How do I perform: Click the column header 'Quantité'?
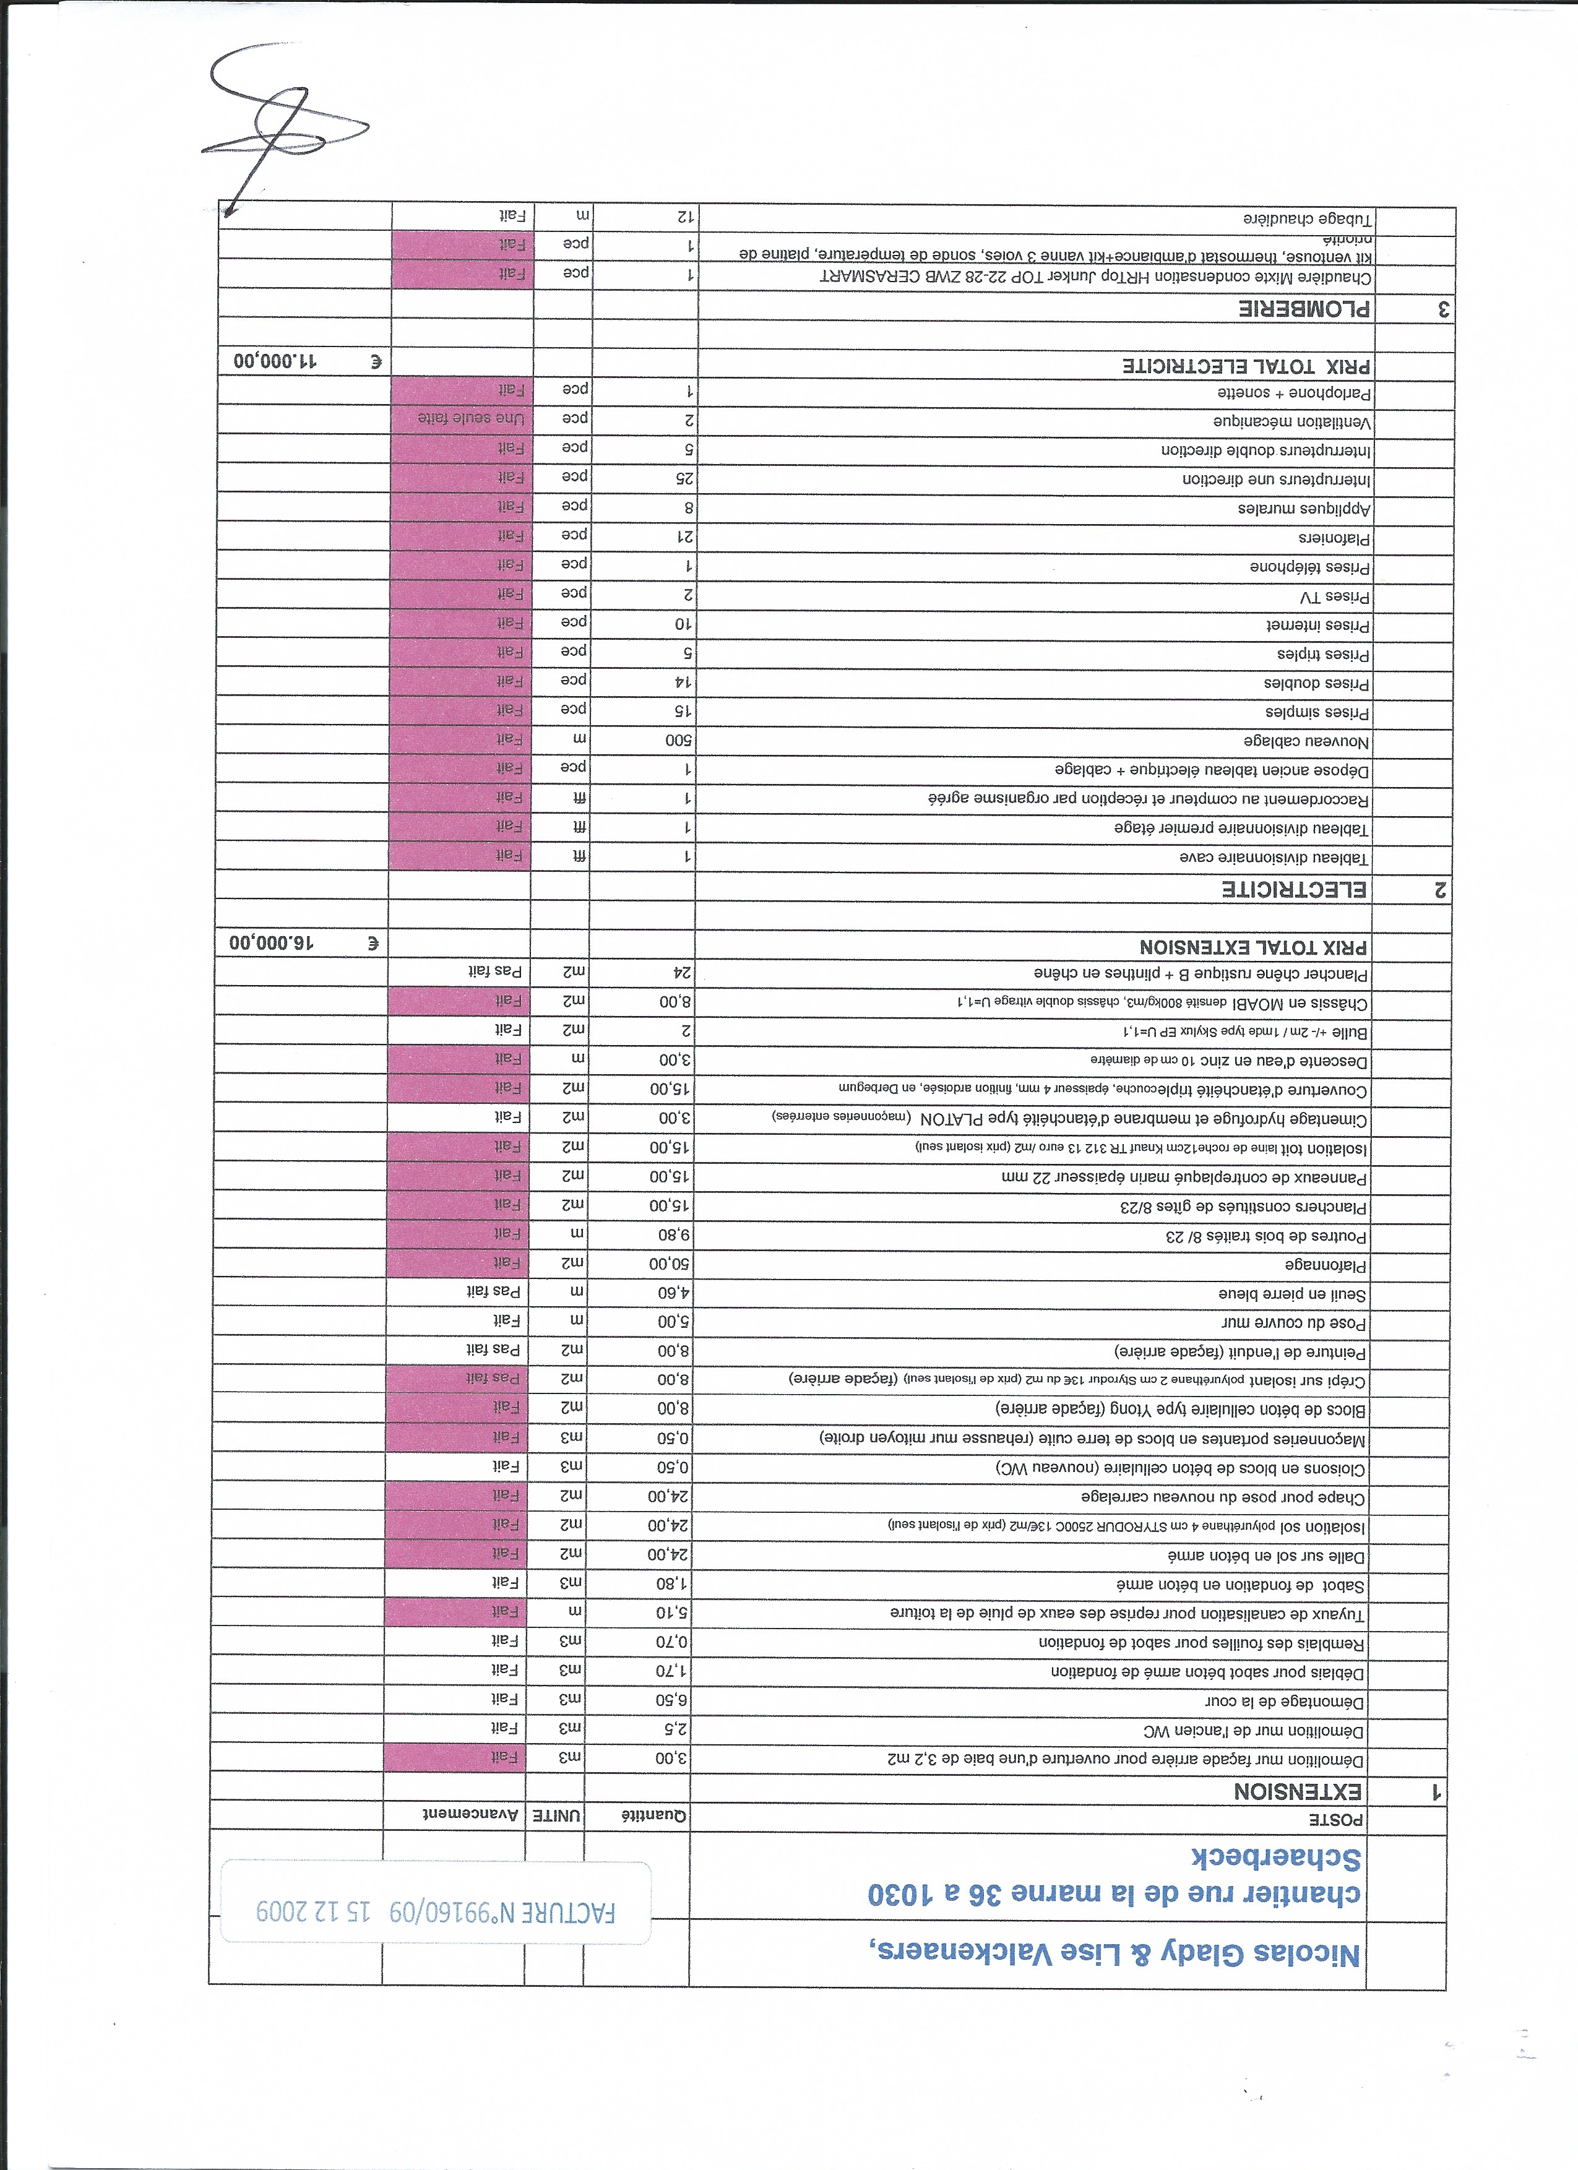(x=655, y=1815)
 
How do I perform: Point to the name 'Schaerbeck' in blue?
(x=1275, y=1858)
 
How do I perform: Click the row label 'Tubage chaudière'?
(x=1307, y=219)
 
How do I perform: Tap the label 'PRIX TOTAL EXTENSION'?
(x=1254, y=947)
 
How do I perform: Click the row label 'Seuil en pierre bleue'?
(x=1292, y=1294)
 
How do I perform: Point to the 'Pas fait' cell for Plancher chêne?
(x=494, y=971)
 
